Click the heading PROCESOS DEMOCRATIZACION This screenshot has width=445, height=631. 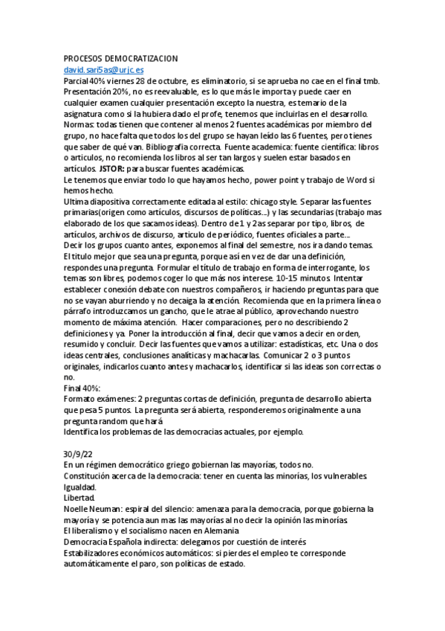tap(120, 58)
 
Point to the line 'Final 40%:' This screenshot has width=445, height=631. tap(82, 388)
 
